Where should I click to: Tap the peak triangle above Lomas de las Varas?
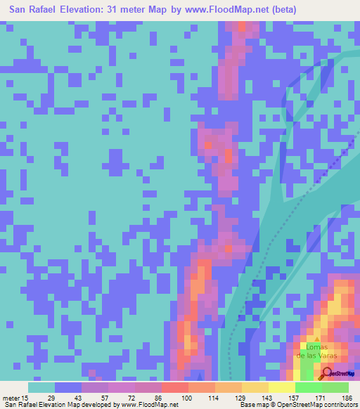(x=316, y=340)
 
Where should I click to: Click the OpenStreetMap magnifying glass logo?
(x=328, y=374)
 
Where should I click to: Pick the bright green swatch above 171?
(x=309, y=388)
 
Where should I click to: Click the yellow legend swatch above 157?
(x=282, y=388)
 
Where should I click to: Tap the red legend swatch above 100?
(x=175, y=388)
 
